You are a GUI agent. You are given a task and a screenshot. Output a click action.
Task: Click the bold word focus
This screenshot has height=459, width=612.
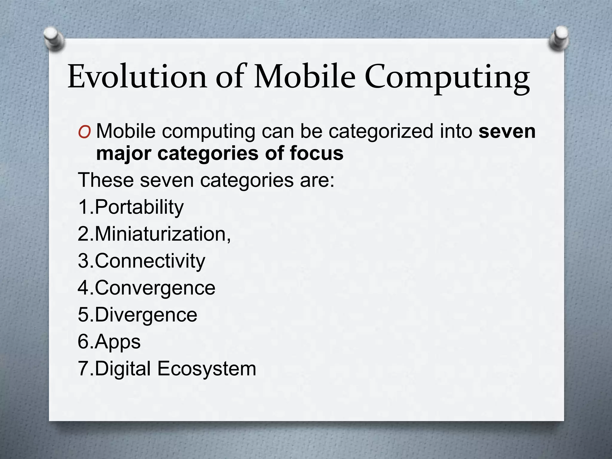[x=316, y=153]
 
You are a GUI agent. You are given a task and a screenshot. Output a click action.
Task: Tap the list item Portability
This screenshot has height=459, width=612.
[x=139, y=207]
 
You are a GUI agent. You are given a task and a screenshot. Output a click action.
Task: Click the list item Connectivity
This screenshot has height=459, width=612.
[x=150, y=261]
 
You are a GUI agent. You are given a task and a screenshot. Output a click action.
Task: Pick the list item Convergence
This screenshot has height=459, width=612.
[x=155, y=288]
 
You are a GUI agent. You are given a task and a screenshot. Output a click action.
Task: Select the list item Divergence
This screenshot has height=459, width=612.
[x=146, y=315]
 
